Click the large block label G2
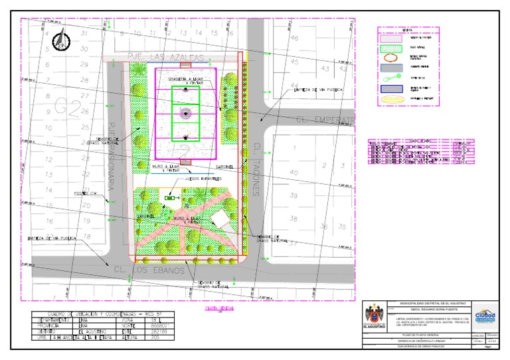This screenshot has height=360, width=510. coord(66,106)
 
